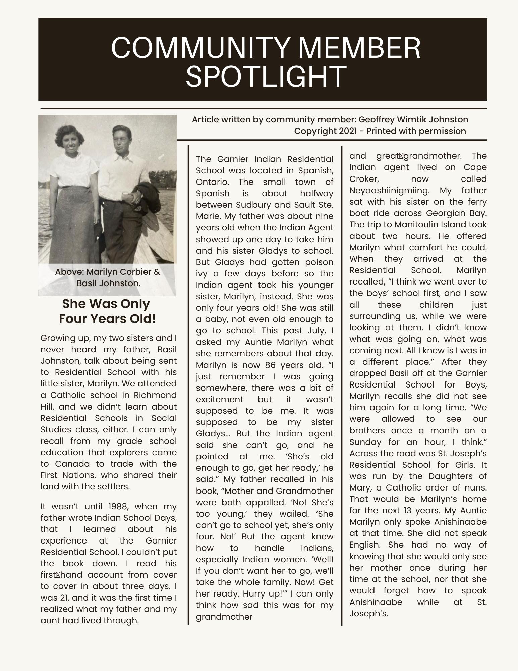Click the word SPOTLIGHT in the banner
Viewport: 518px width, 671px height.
click(266, 76)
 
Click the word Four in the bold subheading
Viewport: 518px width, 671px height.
click(75, 319)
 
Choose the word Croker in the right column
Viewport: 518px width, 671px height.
click(363, 179)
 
